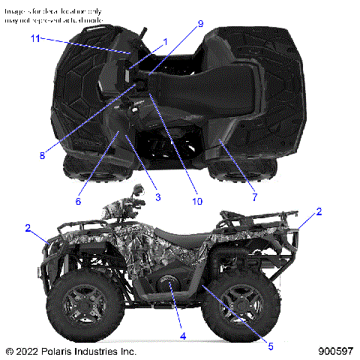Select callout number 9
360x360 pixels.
[200, 24]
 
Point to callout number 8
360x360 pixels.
[42, 156]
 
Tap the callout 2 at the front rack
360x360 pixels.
[28, 227]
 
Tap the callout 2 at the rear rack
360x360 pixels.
[319, 212]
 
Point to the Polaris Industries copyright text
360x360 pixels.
[70, 351]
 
